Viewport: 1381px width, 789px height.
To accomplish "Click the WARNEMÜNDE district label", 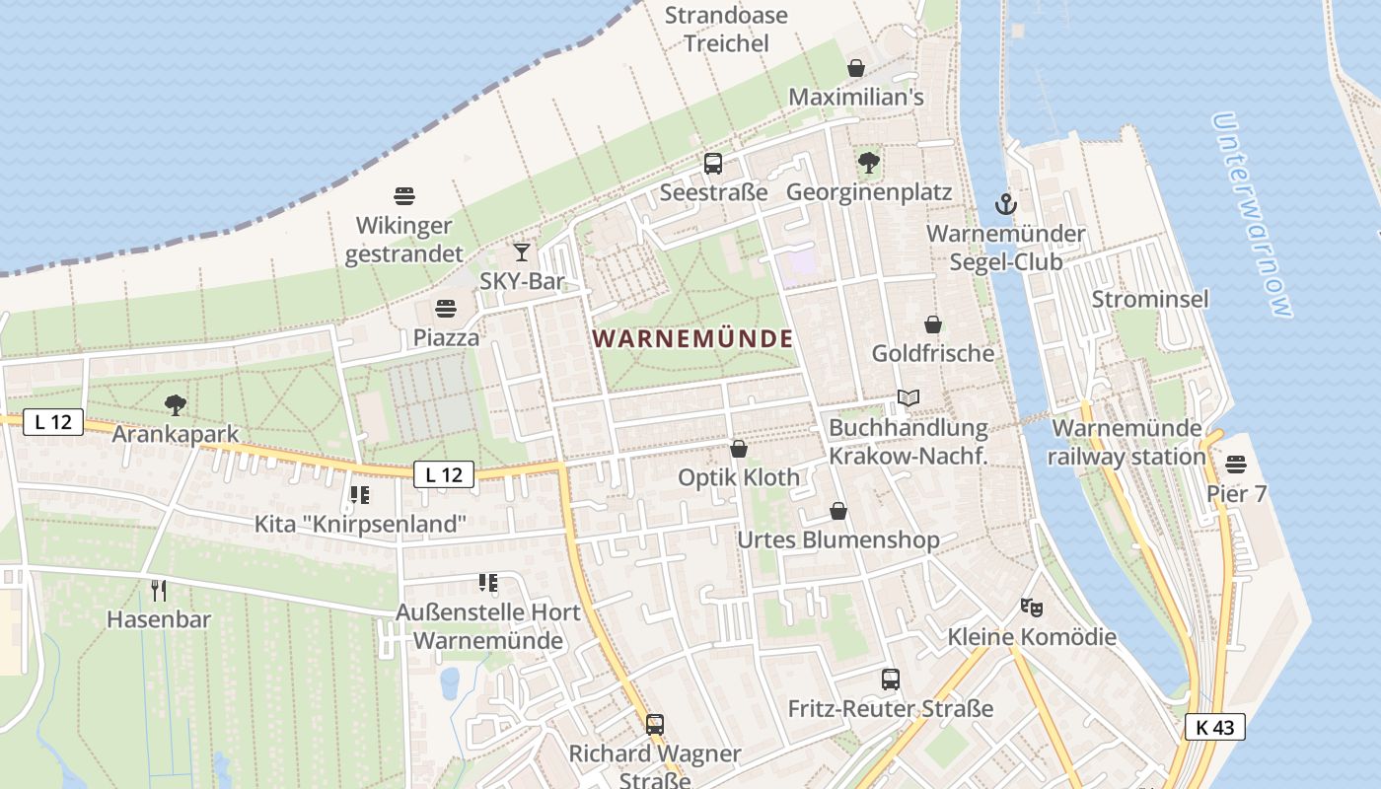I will tap(692, 339).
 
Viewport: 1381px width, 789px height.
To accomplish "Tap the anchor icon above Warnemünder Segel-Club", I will tap(1005, 204).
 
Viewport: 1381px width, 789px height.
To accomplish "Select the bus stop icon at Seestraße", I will tap(713, 164).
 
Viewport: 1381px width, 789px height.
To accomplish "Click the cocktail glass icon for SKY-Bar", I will tap(522, 252).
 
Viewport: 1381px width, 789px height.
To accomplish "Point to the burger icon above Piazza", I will tap(446, 309).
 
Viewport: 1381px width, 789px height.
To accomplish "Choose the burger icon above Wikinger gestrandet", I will tap(404, 195).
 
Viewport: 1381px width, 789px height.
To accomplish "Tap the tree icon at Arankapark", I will tap(176, 404).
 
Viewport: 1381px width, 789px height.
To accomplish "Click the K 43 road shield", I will tap(1214, 728).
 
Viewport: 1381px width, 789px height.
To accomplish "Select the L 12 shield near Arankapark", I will tap(53, 422).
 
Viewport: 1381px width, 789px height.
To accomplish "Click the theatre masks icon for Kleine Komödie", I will tap(1032, 607).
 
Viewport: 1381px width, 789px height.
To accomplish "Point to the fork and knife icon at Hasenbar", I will tap(159, 591).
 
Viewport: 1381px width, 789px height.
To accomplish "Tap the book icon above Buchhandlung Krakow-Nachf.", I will tap(909, 398).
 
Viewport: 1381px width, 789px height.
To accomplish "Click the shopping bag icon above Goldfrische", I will tap(932, 324).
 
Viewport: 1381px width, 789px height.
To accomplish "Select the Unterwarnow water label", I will tap(1251, 215).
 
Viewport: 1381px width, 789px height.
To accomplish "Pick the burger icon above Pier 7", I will tap(1236, 465).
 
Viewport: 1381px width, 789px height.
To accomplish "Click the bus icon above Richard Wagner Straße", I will tap(655, 725).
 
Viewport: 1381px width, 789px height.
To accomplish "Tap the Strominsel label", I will tap(1149, 299).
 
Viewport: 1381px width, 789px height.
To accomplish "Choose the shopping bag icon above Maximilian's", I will tap(855, 68).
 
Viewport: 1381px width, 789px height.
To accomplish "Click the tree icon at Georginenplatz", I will tap(869, 163).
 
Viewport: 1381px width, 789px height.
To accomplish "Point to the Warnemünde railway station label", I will tap(1127, 443).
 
